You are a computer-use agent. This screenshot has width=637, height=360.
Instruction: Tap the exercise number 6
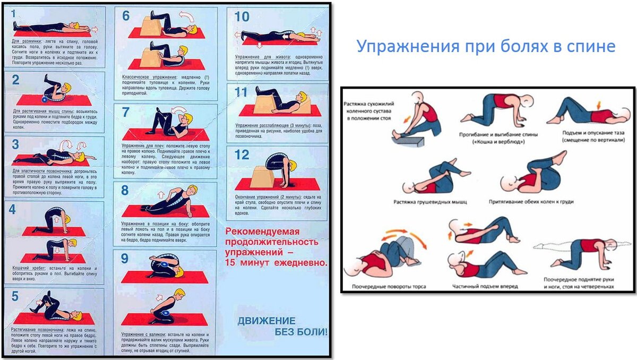point(126,16)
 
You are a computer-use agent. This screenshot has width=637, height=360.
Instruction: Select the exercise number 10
point(242,16)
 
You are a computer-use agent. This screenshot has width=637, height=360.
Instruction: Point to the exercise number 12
point(242,155)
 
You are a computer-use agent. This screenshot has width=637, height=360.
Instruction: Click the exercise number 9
point(125,258)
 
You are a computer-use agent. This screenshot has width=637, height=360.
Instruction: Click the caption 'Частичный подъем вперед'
point(485,286)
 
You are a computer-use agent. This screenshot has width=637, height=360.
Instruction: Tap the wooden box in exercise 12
point(259,175)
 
